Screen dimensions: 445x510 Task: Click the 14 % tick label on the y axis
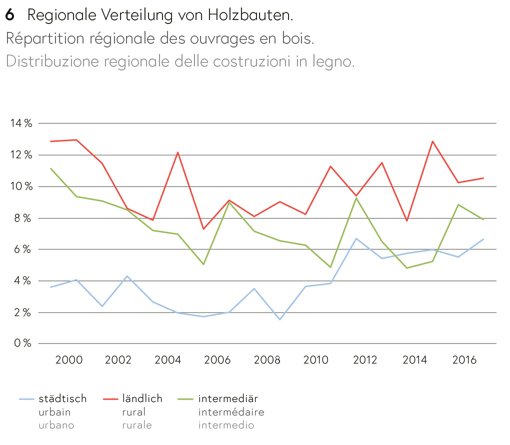coord(21,123)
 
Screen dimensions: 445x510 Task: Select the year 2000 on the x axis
coord(68,360)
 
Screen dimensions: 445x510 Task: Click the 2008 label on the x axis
coord(267,360)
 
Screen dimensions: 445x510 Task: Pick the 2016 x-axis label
coord(465,360)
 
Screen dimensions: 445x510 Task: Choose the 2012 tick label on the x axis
coord(366,360)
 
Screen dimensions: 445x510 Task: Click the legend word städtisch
coord(62,399)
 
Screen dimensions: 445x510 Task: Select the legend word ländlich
coord(142,399)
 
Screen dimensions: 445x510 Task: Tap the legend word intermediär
coord(228,399)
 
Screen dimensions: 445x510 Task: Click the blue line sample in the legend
coord(26,399)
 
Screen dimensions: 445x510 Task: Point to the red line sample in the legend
coord(110,399)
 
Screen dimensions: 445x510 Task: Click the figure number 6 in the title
coord(9,15)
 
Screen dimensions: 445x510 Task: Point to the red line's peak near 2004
coord(178,152)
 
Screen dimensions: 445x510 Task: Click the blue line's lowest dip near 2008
coord(279,319)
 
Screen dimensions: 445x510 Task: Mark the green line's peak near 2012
coord(356,198)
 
